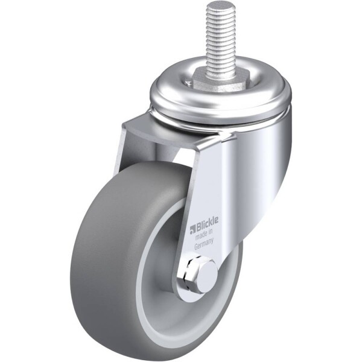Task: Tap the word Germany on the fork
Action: (204, 244)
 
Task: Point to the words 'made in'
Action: (204, 234)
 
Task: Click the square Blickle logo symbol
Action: (192, 229)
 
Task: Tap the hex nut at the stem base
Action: (211, 81)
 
